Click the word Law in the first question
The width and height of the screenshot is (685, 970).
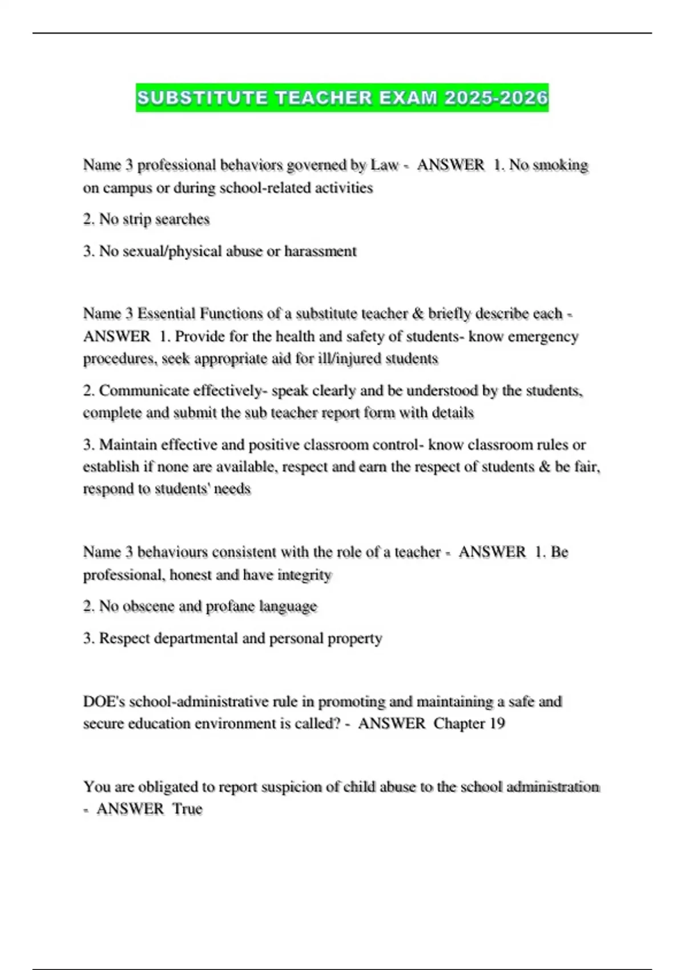pos(384,165)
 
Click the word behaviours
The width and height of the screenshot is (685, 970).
pos(172,552)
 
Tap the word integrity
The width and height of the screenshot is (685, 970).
pos(304,575)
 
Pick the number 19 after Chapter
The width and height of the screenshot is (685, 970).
pos(497,724)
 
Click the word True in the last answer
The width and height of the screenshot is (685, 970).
pos(187,809)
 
